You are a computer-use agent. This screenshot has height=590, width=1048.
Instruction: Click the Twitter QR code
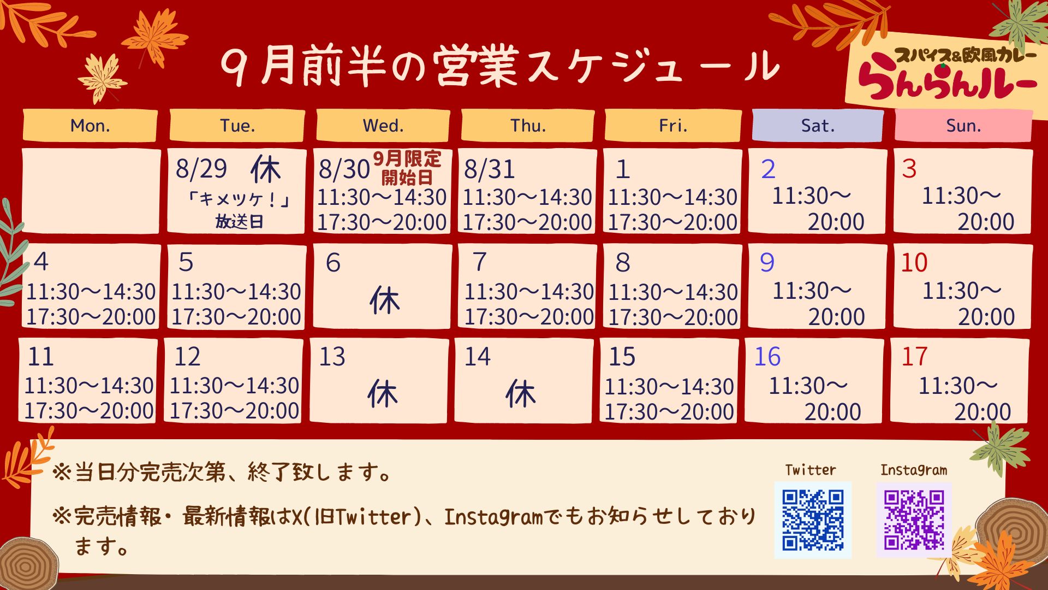[x=813, y=520]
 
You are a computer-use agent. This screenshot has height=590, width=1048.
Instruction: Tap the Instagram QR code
[x=914, y=520]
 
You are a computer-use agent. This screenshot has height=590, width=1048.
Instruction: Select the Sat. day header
[x=818, y=126]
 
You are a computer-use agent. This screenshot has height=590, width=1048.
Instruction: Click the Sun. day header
[x=963, y=126]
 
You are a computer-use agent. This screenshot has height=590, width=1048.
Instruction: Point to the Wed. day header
[x=383, y=126]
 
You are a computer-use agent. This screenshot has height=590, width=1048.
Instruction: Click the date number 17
[x=914, y=357]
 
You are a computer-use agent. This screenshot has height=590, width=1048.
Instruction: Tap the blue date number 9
[x=767, y=263]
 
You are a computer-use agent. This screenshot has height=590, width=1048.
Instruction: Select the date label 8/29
[x=201, y=168]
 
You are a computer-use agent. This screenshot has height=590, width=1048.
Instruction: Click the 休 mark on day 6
[x=385, y=300]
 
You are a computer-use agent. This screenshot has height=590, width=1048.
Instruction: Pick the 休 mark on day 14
[x=521, y=394]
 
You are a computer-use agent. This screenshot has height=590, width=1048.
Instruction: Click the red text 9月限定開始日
[x=407, y=168]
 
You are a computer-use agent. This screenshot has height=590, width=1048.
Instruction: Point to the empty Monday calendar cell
[x=91, y=191]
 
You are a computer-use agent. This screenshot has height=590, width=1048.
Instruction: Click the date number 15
[x=622, y=357]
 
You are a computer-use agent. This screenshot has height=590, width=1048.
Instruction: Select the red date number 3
[x=909, y=169]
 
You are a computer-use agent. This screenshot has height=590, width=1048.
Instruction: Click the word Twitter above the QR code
[x=811, y=470]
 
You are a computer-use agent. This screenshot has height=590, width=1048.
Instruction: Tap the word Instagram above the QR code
[x=914, y=470]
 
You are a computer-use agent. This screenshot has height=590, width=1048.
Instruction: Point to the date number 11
[x=40, y=357]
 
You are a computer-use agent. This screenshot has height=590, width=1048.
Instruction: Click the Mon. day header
[x=90, y=126]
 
